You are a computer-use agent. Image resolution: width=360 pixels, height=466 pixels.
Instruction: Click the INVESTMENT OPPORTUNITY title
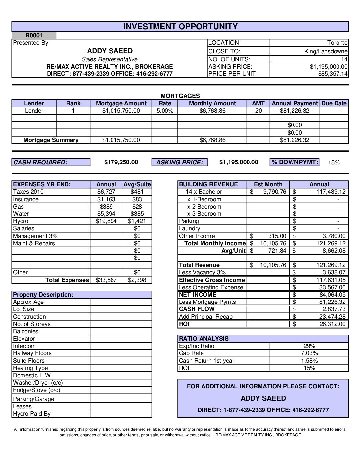(180, 27)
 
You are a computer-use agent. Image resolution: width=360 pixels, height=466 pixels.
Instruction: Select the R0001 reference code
(34, 35)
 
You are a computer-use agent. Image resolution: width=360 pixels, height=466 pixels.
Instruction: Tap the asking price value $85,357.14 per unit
(333, 74)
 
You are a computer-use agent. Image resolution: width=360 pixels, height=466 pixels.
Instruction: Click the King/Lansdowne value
(326, 51)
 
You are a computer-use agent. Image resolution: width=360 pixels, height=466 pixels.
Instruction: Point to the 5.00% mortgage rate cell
(165, 111)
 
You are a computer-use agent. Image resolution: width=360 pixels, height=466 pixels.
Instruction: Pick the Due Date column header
(334, 103)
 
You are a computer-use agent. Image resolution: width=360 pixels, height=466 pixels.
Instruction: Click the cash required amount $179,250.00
(121, 162)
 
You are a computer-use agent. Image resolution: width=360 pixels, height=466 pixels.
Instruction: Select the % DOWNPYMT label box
(294, 162)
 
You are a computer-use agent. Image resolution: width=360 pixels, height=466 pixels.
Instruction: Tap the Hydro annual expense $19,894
(106, 221)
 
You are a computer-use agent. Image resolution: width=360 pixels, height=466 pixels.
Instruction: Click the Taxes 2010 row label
(28, 192)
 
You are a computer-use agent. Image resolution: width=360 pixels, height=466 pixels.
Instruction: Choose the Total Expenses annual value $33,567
(106, 280)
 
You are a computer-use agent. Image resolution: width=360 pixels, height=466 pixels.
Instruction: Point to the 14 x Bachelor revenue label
(204, 192)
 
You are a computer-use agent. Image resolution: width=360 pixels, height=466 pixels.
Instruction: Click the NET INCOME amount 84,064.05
(332, 295)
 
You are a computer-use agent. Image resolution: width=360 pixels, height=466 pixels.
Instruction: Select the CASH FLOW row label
(197, 309)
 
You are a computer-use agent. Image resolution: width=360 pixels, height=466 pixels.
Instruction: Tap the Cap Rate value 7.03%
(309, 353)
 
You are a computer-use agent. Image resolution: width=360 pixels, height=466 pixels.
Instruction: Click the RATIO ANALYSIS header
(203, 339)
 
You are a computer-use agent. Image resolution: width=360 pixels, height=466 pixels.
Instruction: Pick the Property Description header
(43, 295)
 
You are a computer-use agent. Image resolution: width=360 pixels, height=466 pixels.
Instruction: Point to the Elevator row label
(24, 339)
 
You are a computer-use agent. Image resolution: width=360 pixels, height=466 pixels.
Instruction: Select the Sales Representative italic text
(110, 59)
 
